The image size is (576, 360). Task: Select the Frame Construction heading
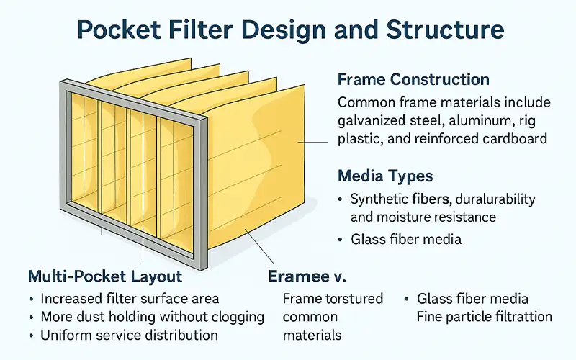tap(413, 80)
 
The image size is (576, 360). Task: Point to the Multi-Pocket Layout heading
tap(105, 276)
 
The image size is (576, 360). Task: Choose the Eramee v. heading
tap(307, 276)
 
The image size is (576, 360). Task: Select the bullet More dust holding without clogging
tap(152, 317)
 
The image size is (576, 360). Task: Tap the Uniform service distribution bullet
tap(130, 335)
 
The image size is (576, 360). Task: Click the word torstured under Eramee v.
tap(352, 298)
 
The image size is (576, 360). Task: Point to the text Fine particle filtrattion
tap(484, 317)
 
